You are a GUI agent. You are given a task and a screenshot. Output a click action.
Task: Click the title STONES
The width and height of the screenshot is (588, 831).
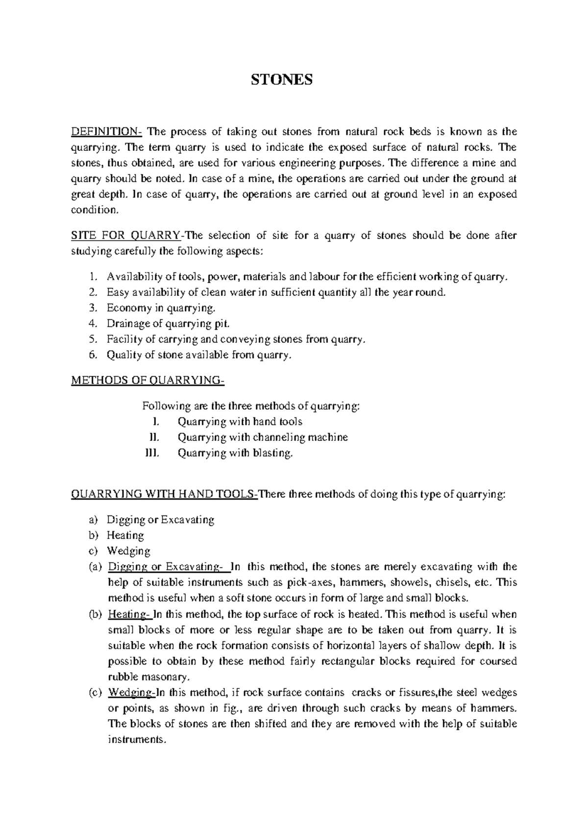click(281, 80)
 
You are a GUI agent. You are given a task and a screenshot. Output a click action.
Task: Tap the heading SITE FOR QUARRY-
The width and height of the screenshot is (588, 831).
click(126, 236)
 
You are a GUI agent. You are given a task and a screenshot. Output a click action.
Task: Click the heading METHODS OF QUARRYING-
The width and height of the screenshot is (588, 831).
click(147, 381)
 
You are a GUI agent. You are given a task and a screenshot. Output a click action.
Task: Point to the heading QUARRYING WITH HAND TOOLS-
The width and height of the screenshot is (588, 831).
click(165, 495)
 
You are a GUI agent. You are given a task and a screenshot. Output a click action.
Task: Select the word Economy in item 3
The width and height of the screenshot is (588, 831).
click(129, 308)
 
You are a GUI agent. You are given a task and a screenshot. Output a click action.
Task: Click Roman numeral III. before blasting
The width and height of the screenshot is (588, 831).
click(152, 453)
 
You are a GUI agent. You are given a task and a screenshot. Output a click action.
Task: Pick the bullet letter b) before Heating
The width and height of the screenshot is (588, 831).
click(94, 536)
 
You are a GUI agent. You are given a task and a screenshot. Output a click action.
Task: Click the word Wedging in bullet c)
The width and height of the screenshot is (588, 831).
click(128, 551)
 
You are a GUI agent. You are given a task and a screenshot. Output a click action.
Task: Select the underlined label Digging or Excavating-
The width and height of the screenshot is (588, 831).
click(165, 567)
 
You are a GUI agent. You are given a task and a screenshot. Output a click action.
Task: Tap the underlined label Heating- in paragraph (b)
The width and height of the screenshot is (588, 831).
click(129, 614)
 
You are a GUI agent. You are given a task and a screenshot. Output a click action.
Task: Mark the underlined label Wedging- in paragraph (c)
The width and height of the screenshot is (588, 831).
click(131, 693)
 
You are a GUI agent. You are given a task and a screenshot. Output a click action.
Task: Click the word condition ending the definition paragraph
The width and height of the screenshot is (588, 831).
click(95, 210)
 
